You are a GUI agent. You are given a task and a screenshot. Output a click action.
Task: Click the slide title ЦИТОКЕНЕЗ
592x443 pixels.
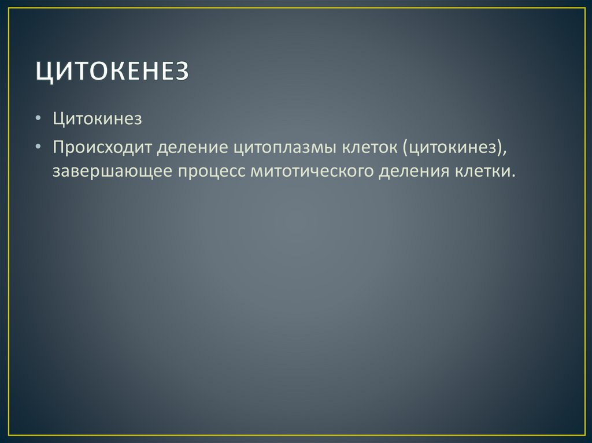click(x=112, y=73)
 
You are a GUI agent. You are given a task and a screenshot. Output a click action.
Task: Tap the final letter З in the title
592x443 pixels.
click(x=181, y=73)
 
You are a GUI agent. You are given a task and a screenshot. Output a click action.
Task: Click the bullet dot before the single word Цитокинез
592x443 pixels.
click(x=38, y=120)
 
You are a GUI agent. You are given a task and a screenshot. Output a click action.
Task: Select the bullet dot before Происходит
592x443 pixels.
click(x=38, y=147)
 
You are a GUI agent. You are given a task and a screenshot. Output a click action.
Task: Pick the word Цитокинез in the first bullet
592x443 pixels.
click(x=97, y=119)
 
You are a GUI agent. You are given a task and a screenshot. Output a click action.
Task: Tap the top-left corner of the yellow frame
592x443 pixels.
click(x=8, y=8)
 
